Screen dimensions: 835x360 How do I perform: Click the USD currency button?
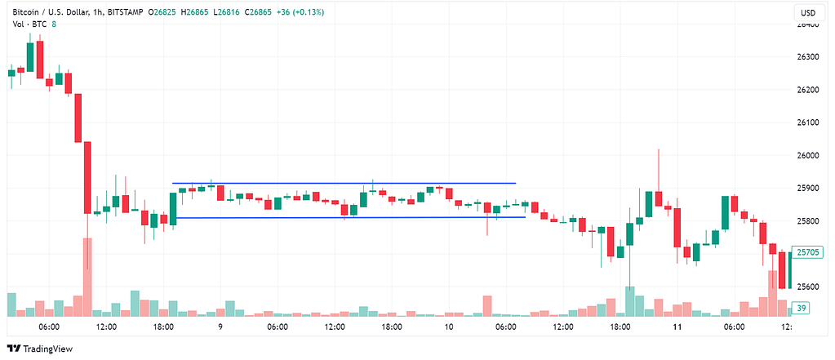(x=807, y=12)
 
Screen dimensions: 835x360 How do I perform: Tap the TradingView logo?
(x=40, y=349)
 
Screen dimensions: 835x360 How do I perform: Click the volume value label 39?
(x=801, y=308)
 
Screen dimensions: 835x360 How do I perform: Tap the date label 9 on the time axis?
(x=220, y=327)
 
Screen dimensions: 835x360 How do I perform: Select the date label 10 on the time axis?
(x=449, y=327)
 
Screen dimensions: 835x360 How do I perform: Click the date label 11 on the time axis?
(x=677, y=327)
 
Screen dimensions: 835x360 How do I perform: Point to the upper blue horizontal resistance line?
(x=344, y=183)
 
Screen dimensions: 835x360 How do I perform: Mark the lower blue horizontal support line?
(x=349, y=217)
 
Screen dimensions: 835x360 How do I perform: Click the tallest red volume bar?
(x=87, y=277)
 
